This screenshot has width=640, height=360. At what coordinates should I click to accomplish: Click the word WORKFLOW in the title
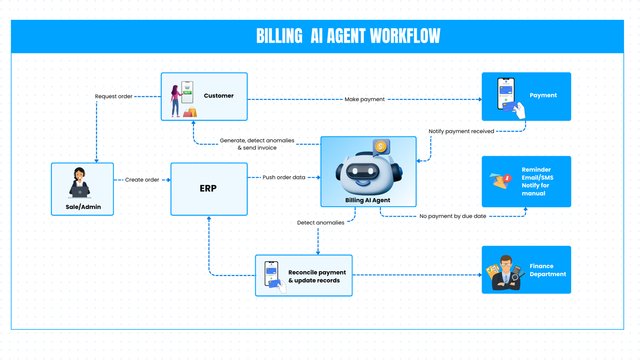click(x=405, y=36)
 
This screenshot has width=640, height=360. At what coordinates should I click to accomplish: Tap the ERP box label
click(x=208, y=189)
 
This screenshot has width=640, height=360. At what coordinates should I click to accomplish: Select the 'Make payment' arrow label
click(x=364, y=99)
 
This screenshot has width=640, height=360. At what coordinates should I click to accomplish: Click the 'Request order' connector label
click(x=114, y=97)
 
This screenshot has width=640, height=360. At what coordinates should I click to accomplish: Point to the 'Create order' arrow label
click(x=142, y=180)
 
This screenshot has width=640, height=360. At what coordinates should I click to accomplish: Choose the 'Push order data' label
click(x=284, y=178)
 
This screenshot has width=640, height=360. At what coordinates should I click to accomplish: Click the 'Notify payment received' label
click(x=461, y=131)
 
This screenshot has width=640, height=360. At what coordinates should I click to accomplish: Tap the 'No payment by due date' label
click(x=452, y=216)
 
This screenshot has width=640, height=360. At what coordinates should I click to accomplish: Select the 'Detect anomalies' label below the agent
click(x=320, y=223)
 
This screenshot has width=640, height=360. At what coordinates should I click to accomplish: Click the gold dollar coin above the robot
click(x=381, y=147)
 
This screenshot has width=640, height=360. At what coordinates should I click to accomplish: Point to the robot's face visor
click(x=363, y=171)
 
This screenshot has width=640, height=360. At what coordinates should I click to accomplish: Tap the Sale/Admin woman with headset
click(x=80, y=183)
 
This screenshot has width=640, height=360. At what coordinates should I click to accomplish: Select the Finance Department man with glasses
click(x=506, y=273)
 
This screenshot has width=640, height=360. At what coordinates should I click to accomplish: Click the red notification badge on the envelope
click(x=507, y=179)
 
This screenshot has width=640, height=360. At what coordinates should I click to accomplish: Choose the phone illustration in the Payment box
click(x=506, y=94)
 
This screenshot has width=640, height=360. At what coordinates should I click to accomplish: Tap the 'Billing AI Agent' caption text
click(x=367, y=200)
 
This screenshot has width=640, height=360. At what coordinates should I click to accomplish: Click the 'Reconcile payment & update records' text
click(x=317, y=277)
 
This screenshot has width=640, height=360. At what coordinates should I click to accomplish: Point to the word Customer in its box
click(x=218, y=96)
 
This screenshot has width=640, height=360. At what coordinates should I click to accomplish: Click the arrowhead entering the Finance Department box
click(x=480, y=275)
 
